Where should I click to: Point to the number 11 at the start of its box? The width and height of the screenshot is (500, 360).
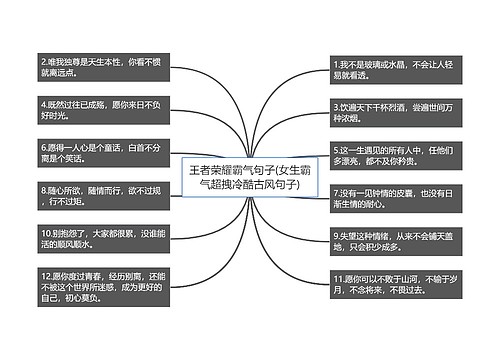[x=339, y=275]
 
